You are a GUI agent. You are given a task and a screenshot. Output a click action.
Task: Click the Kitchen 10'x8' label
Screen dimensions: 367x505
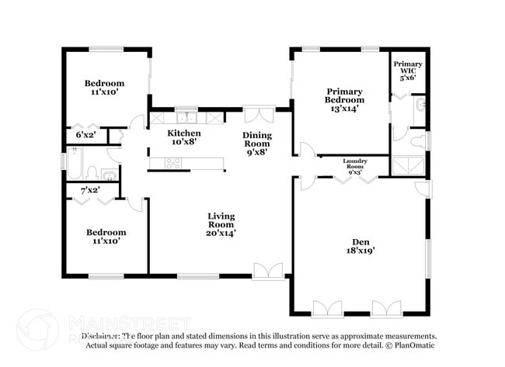(184, 137)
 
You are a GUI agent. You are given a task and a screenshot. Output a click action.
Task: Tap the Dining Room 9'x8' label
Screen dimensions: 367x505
(257, 144)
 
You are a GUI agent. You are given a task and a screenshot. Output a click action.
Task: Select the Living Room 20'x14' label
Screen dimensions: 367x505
(221, 223)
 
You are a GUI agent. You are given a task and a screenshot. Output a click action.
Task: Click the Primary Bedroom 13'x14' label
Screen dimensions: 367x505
(345, 100)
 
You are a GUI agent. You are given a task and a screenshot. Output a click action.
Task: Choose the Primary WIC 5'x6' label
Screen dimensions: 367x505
(408, 71)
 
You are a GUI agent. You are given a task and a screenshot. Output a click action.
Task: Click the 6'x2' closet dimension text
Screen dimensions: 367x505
(86, 135)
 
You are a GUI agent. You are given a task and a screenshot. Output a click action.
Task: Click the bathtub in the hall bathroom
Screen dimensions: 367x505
(75, 164)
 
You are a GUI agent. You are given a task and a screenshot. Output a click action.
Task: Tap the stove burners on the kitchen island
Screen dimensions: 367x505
(173, 163)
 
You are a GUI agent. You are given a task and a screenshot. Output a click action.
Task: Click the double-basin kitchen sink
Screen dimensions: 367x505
(186, 119)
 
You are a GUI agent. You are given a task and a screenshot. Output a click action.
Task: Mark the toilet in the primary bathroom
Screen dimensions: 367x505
(417, 140)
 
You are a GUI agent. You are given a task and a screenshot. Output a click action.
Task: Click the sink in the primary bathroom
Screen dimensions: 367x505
(419, 104)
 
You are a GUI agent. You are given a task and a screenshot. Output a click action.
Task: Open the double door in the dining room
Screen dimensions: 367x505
(259, 115)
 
